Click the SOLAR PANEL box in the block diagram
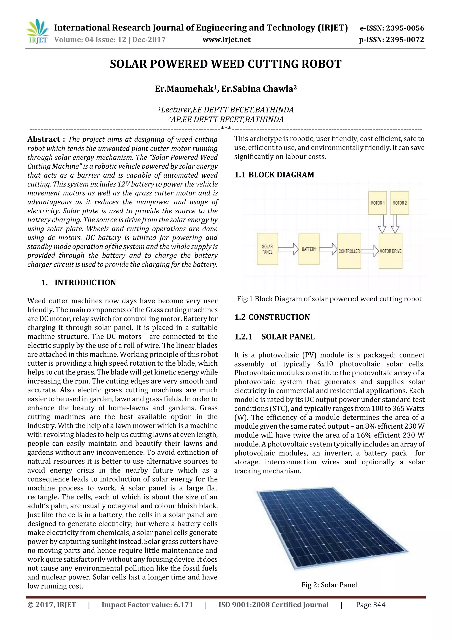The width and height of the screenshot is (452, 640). coord(267,249)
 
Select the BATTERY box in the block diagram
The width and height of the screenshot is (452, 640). coord(309,249)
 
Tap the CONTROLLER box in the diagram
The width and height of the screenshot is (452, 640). coord(349,251)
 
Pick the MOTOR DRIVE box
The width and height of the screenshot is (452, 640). coord(390,251)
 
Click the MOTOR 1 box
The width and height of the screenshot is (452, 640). coord(377,203)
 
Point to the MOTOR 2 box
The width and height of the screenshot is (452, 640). coord(399,203)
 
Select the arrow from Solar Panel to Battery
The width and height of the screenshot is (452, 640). coord(288,249)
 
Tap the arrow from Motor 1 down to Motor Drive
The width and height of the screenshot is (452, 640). coord(382,224)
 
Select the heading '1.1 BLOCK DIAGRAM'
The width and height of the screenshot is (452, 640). coord(274,175)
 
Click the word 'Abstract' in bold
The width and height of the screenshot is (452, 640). coord(44,139)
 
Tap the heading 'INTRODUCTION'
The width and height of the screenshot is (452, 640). coord(85,283)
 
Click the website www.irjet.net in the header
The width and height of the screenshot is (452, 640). coord(226,40)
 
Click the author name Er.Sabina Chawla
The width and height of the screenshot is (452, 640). coord(258,89)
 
